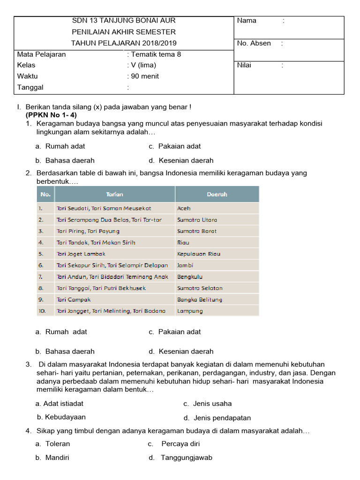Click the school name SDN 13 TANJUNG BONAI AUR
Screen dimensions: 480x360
tap(124, 21)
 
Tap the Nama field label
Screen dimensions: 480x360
tap(247, 21)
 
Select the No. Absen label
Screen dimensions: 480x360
tap(254, 43)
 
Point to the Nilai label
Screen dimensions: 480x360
tap(244, 65)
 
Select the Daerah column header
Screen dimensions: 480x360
tap(217, 194)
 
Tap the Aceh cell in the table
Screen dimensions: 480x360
tap(184, 208)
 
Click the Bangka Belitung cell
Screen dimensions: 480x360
tap(199, 300)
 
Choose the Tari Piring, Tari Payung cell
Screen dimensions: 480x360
tap(88, 231)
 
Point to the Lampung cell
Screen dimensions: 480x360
tap(190, 311)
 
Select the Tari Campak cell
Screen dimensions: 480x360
tap(73, 300)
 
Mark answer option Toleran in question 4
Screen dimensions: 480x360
tap(57, 443)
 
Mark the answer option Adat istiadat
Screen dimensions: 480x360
tap(63, 403)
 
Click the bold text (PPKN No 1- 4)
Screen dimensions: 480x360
tap(52, 115)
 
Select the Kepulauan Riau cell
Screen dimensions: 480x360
tap(198, 254)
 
